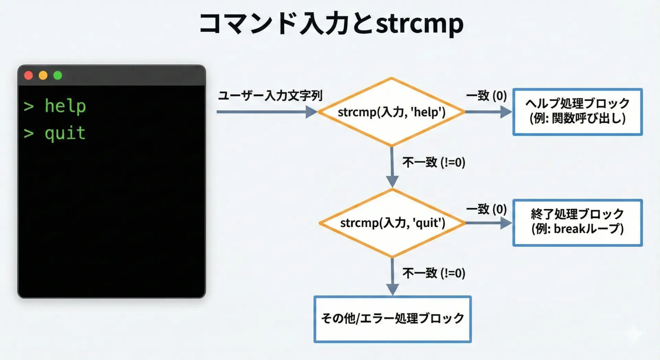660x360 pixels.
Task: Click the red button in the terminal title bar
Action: point(29,75)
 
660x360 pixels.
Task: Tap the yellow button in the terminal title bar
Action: point(43,75)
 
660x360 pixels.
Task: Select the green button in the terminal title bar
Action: point(58,75)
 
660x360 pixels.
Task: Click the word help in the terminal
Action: point(65,106)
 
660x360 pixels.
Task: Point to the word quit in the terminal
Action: point(65,133)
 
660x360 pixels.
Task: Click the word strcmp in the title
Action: point(419,23)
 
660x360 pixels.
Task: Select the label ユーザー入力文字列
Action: point(270,96)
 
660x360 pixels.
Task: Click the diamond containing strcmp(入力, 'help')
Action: point(392,112)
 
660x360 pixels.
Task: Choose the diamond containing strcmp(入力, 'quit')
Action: point(392,223)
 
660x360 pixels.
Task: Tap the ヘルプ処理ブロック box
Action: point(577,112)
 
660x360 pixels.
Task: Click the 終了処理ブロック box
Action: point(577,222)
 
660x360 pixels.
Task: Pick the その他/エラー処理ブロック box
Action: point(392,319)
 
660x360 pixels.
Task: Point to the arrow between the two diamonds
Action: point(392,167)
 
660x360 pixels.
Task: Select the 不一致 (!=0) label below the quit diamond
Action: point(434,273)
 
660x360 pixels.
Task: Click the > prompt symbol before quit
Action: point(29,133)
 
